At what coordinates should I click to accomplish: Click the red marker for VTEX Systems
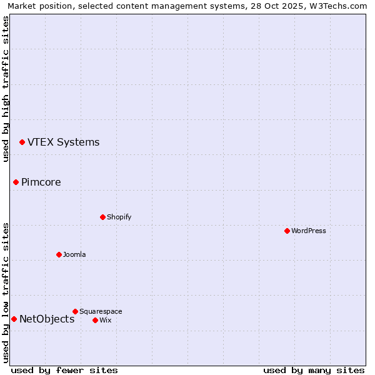point(22,142)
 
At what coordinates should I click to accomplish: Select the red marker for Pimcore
point(16,182)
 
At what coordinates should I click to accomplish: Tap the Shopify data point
point(102,217)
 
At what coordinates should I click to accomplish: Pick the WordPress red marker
point(287,231)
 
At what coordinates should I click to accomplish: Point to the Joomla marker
point(59,255)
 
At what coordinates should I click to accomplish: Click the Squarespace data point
point(75,311)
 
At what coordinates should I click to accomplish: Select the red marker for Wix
point(95,321)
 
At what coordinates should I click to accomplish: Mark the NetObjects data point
point(14,319)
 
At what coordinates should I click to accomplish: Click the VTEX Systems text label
point(63,142)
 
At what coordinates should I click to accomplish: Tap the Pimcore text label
point(41,182)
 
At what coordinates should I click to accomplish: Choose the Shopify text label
point(119,217)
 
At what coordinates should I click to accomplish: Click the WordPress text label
point(309,231)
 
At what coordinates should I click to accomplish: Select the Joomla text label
point(74,255)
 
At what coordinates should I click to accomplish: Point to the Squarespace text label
point(101,311)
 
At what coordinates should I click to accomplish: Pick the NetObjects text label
point(47,319)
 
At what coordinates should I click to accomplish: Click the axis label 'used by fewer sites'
point(64,371)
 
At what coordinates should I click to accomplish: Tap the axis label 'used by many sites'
point(314,371)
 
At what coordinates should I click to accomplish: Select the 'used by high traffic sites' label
point(6,89)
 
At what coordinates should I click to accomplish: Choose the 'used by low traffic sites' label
point(6,292)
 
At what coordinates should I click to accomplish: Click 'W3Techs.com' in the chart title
point(337,6)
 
